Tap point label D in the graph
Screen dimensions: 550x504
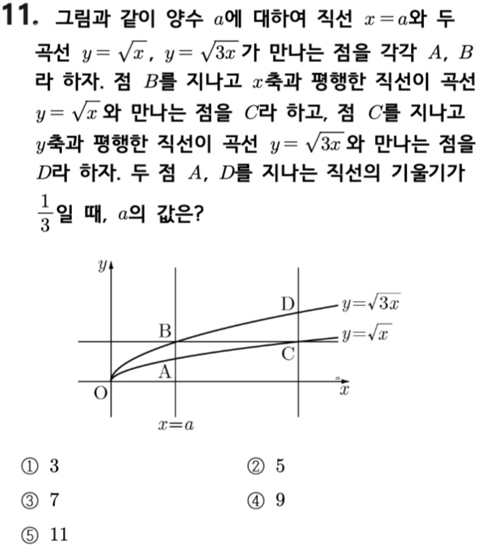pos(287,304)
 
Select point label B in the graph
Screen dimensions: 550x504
pos(164,331)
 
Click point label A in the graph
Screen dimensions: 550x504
pos(164,372)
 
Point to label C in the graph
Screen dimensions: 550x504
pos(288,354)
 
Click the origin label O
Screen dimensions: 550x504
pos(100,393)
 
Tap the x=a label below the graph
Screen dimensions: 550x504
pos(176,425)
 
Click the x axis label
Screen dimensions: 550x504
pos(344,390)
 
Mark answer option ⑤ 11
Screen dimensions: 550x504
pos(45,535)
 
